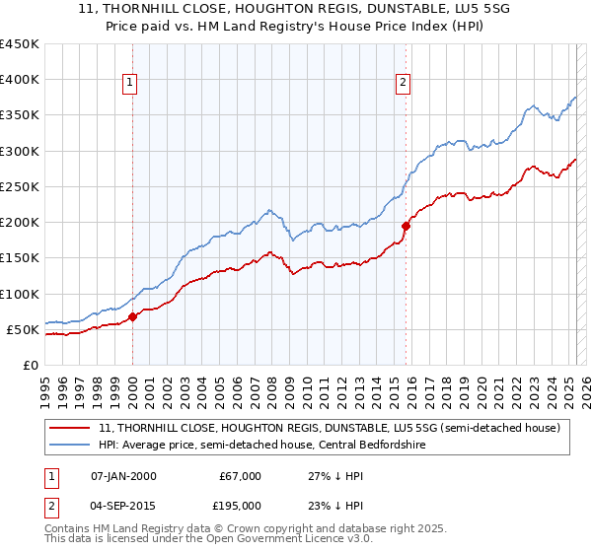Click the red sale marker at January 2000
[x=132, y=317]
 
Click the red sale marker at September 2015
[x=406, y=226]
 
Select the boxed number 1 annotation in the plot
[x=131, y=84]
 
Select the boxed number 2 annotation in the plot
[x=404, y=84]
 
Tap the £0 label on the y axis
[x=30, y=365]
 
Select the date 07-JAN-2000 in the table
[x=122, y=475]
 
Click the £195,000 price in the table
[x=241, y=505]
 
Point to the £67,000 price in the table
[x=241, y=475]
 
